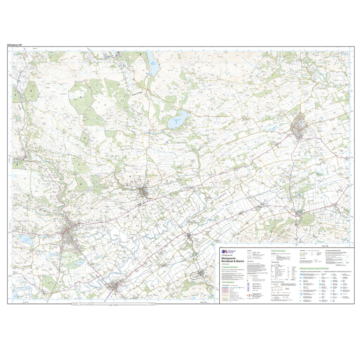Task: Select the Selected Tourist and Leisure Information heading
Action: point(314,268)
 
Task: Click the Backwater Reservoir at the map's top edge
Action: point(154,63)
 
